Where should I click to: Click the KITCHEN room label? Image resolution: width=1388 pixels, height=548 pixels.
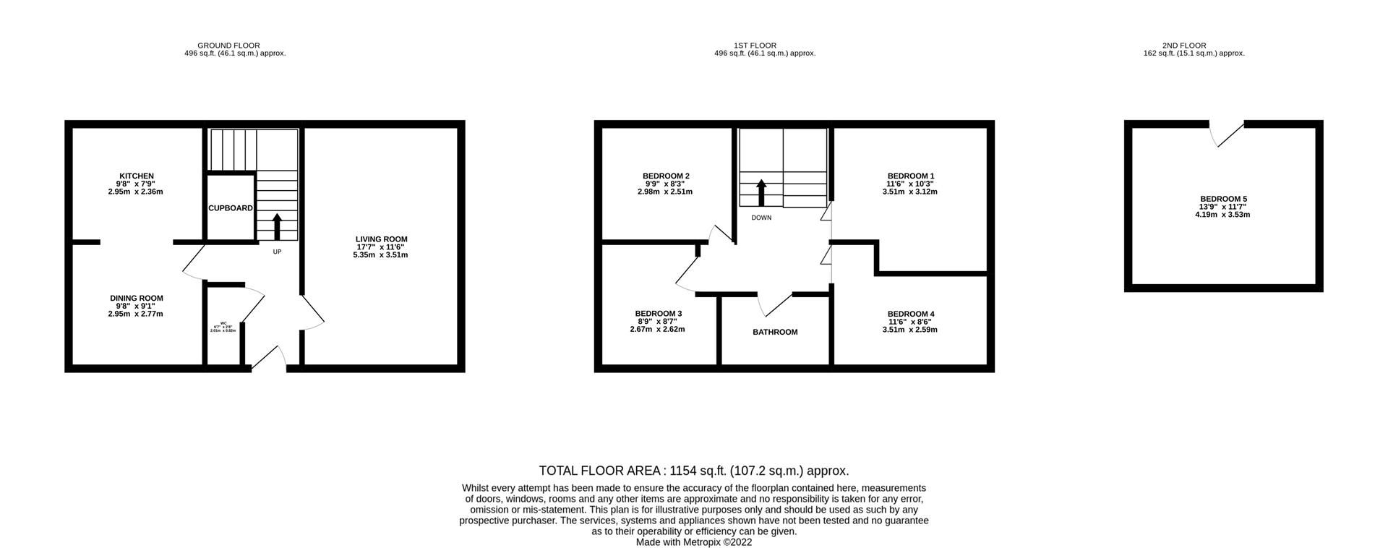tap(136, 176)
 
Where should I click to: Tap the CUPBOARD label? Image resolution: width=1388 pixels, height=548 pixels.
tap(231, 208)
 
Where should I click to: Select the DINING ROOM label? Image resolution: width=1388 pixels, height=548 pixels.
tap(136, 298)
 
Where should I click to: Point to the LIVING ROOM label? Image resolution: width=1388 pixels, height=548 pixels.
tap(381, 239)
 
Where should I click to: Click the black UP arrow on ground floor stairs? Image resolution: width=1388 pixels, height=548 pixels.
tap(276, 226)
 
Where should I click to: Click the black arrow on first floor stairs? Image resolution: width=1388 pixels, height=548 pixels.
tap(761, 192)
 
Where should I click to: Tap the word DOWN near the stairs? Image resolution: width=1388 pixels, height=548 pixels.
tap(761, 218)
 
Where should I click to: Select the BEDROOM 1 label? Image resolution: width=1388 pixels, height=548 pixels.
tap(910, 176)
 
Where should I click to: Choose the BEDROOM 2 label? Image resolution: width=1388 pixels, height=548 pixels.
tap(665, 176)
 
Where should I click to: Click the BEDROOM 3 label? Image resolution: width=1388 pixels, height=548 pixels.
tap(658, 314)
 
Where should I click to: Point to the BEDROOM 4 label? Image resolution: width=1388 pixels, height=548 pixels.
tap(910, 314)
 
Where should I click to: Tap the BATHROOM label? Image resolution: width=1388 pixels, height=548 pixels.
tap(775, 333)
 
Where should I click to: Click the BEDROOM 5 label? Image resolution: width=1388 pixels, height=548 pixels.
tap(1223, 199)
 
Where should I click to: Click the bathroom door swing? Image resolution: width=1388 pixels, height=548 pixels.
tap(774, 305)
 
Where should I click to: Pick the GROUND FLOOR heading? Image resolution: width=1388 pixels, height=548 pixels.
tap(228, 46)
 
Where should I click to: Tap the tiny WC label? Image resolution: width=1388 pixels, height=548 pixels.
tap(223, 324)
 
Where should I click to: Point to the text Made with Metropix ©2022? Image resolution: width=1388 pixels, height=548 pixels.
tap(693, 542)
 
